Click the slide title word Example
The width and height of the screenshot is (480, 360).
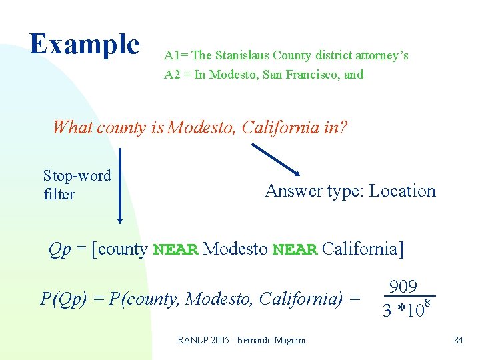click(x=85, y=44)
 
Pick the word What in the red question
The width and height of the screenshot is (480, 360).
click(x=73, y=127)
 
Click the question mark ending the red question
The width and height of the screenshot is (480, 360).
click(x=343, y=127)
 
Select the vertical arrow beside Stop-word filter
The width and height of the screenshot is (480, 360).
click(x=120, y=185)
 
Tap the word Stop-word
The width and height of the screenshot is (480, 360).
click(x=77, y=176)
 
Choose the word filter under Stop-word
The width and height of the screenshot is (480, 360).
click(x=59, y=195)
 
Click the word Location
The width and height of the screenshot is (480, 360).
click(x=402, y=191)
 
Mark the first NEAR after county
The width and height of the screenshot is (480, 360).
click(x=175, y=250)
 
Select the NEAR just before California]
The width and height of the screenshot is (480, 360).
click(x=295, y=250)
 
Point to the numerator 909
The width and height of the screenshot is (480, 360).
click(x=403, y=287)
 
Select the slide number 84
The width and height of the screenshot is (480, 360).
click(x=458, y=341)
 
